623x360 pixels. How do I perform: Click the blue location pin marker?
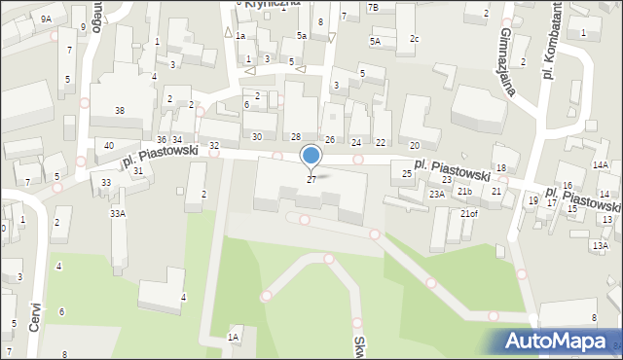point(311,157)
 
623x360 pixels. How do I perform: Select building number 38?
point(119,111)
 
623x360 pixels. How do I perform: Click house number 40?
point(108,146)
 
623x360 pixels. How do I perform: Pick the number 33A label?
point(117,213)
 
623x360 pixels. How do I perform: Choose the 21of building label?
point(469,213)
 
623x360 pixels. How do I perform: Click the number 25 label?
point(407,173)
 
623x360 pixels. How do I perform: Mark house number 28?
point(296,136)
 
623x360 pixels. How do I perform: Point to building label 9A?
point(46,18)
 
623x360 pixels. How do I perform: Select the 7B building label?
point(373,8)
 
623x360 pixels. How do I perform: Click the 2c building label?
point(414,38)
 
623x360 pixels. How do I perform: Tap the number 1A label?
point(233,337)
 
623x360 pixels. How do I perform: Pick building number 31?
point(138,171)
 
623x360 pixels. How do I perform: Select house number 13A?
point(600,245)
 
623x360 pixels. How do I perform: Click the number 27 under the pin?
point(311,179)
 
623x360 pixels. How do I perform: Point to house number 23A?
point(437,194)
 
